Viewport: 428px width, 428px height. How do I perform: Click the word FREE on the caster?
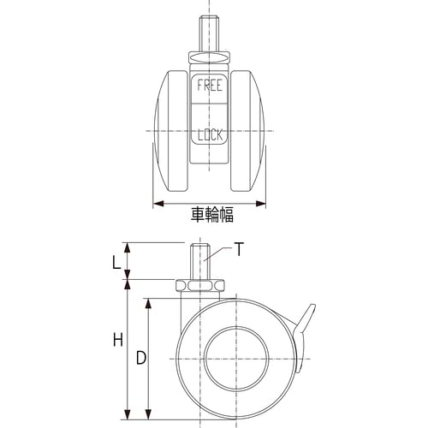point(210,86)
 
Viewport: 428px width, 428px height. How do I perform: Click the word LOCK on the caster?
point(211,134)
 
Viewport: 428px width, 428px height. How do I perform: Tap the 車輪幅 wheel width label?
point(212,215)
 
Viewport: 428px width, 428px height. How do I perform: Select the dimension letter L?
point(116,263)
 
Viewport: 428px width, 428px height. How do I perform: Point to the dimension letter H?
point(118,340)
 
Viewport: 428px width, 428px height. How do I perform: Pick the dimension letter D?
point(141,358)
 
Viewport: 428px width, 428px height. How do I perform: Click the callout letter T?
point(239,249)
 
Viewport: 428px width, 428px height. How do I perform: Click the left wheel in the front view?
point(170,131)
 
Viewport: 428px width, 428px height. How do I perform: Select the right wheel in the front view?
point(247,131)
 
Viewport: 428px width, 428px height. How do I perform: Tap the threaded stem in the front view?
point(210,34)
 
